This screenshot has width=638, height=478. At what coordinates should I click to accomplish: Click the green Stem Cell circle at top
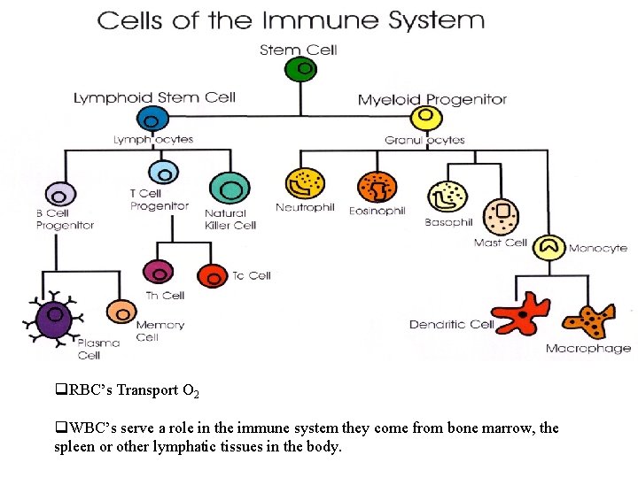(303, 69)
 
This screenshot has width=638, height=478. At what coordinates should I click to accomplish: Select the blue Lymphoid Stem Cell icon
(152, 119)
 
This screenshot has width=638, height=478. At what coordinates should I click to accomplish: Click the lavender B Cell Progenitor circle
(60, 196)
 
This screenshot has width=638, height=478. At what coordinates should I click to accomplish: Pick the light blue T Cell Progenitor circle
(163, 173)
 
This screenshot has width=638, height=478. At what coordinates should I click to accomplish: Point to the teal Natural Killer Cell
(229, 189)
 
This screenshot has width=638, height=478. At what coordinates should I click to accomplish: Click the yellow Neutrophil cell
(305, 184)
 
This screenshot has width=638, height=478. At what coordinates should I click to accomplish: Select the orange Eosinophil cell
(377, 187)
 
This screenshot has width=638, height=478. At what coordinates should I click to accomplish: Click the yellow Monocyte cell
(549, 248)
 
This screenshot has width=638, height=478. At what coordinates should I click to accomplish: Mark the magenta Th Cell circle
(159, 273)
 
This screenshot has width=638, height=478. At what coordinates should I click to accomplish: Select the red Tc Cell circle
(213, 276)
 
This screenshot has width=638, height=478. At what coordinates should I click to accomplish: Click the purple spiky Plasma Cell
(52, 315)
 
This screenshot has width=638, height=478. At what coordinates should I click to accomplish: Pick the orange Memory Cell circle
(121, 312)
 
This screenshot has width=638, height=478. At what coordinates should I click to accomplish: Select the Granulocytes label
(424, 140)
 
